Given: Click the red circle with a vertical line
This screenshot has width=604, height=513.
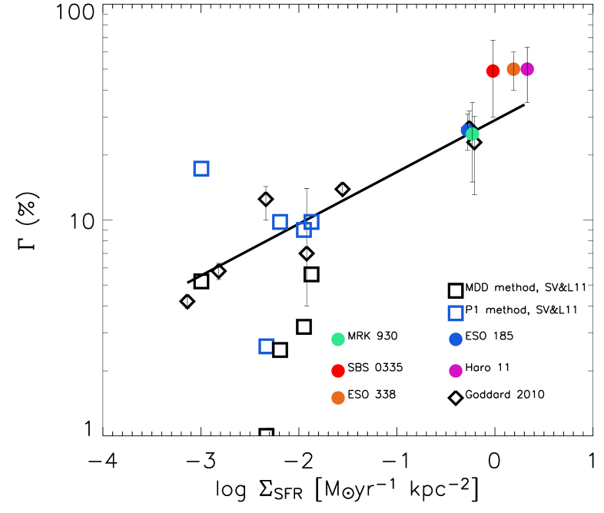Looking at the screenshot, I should pos(493,71).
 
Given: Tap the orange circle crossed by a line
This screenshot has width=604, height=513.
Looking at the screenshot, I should pos(513,69).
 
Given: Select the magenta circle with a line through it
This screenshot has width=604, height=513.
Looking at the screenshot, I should pos(528,69).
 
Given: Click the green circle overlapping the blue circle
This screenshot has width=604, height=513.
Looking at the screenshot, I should pos(473,134).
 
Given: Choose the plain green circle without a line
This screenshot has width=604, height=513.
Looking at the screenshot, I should pos(338,339).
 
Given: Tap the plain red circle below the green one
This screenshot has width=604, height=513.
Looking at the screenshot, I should pos(338,371).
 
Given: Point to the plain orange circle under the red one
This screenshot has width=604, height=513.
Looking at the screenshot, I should pos(338,398).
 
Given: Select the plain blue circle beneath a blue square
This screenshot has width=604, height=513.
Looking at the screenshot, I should pos(456,339).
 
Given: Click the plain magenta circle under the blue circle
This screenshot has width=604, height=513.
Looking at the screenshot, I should pos(456,371).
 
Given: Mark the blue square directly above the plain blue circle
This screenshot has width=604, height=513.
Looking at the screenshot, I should pos(456,313).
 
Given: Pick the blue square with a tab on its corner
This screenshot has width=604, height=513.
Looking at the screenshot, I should pos(266,346).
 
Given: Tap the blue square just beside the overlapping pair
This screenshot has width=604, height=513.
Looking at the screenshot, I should pos(280,222).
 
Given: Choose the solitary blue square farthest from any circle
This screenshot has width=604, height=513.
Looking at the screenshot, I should pos(201,168).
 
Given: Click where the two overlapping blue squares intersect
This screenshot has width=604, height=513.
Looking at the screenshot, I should pos(308,226).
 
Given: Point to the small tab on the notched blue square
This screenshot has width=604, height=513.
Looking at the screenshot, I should pos(273,339).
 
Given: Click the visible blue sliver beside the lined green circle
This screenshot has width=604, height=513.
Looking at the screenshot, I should pos(463,128).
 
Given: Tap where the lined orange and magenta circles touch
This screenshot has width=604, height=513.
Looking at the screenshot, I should pos(520,69).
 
